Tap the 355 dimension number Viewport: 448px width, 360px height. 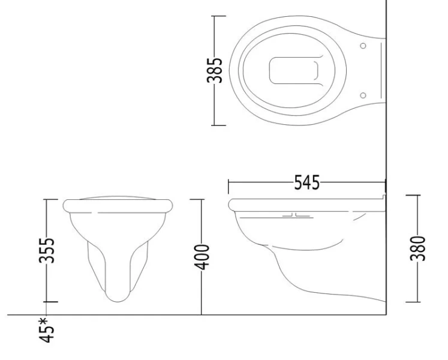point(51,250)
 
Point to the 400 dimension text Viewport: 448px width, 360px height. point(205,256)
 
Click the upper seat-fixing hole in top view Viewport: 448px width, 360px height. point(362,46)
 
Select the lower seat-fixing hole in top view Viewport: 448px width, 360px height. point(362,95)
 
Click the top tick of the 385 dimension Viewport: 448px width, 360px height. point(218,16)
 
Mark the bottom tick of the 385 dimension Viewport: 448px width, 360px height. point(218,125)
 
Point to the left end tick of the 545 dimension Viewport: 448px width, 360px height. point(228,182)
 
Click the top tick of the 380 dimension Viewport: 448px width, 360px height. point(413,194)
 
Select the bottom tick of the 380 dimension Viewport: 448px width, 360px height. point(413,302)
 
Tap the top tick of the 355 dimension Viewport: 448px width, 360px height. point(51,199)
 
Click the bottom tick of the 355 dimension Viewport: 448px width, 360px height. point(51,302)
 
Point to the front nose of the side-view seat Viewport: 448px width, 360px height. point(231,204)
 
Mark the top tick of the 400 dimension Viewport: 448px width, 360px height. point(202,199)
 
